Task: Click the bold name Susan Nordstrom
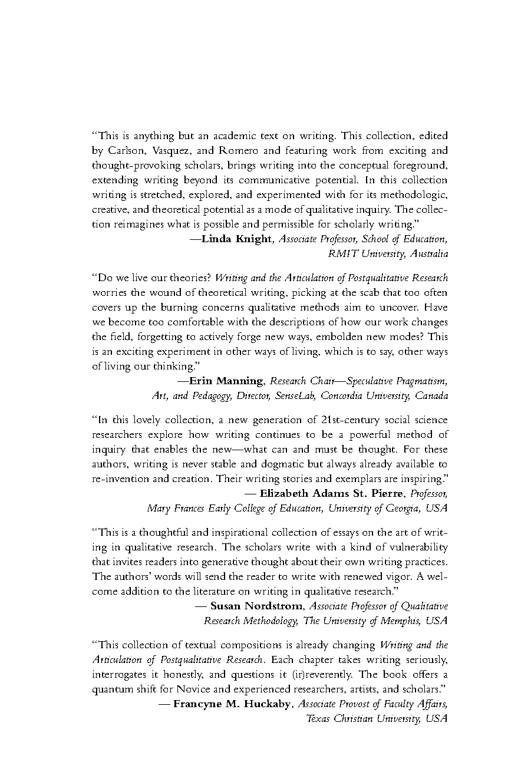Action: point(256,605)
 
